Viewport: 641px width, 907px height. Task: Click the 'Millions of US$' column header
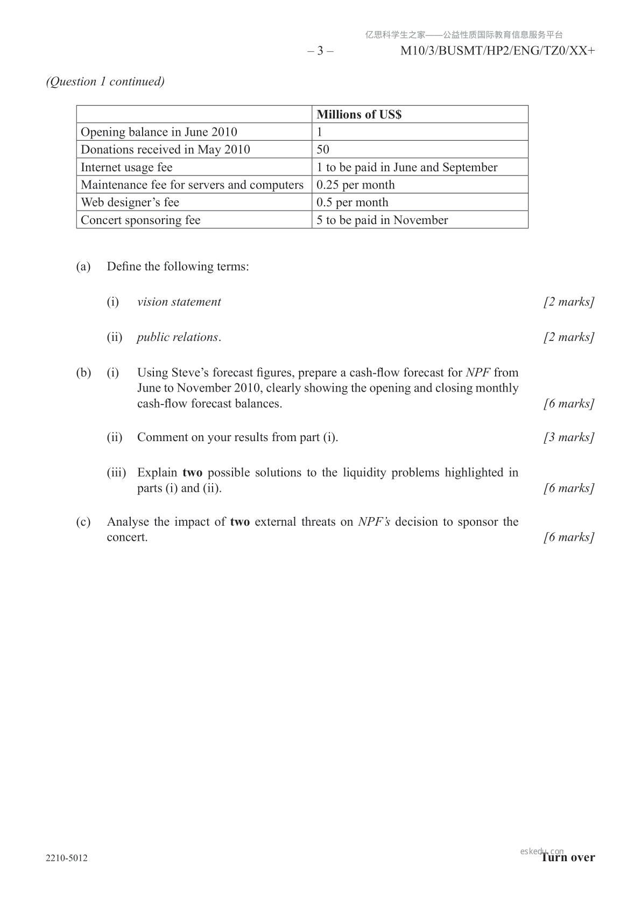pos(359,114)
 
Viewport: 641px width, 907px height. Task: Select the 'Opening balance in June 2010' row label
pos(159,132)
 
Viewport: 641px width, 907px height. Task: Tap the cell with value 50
pos(323,149)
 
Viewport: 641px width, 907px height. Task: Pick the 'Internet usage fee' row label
pos(126,167)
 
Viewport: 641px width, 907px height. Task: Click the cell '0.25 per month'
pos(355,185)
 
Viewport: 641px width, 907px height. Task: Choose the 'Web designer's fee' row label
pos(130,203)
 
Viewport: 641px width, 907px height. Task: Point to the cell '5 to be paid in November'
pos(382,220)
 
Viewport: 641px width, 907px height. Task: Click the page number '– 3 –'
pos(320,51)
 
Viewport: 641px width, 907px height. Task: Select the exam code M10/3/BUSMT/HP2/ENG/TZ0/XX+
pos(498,51)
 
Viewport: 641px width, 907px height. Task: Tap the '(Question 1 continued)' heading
pos(105,81)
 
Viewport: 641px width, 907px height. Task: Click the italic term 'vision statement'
pos(179,302)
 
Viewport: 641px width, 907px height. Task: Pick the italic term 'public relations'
pos(178,337)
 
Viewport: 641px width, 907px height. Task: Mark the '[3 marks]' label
pos(569,437)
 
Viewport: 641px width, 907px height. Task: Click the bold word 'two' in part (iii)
pos(192,472)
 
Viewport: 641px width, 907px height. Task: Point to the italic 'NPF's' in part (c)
pos(374,521)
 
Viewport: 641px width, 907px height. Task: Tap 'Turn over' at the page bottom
pos(568,857)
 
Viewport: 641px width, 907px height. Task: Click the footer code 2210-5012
pos(67,858)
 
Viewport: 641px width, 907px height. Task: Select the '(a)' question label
pos(83,267)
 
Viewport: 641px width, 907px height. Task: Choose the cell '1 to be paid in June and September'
pos(407,167)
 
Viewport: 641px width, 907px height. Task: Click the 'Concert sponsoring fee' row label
pos(140,220)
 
